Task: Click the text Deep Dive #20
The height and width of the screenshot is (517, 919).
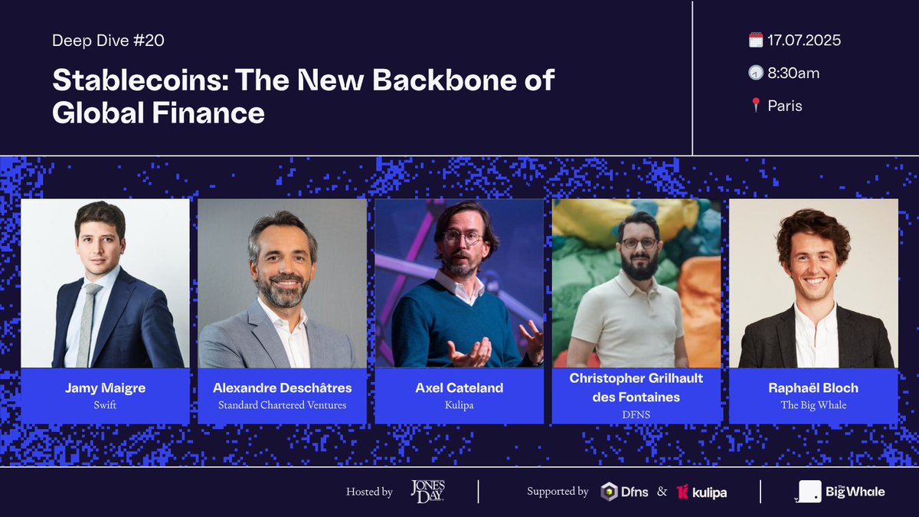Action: (107, 41)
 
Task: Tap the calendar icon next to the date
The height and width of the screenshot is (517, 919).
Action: (755, 41)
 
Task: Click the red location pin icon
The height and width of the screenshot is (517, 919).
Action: (755, 106)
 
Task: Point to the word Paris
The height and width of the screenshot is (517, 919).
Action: (785, 106)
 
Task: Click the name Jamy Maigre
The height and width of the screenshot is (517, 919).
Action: (105, 388)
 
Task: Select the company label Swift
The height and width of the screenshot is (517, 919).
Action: (105, 405)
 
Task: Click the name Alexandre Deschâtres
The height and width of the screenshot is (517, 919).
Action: (282, 388)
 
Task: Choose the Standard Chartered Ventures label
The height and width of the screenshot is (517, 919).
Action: (282, 405)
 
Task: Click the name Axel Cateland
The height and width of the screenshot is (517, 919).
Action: (459, 388)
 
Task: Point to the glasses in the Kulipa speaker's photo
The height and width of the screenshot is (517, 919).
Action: (463, 237)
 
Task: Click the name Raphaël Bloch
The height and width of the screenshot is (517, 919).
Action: (813, 388)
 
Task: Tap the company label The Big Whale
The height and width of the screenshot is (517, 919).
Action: (813, 405)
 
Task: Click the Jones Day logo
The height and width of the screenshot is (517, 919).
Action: (427, 491)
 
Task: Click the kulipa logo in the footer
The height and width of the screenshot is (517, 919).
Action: (701, 492)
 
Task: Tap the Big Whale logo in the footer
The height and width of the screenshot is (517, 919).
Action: (841, 492)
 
